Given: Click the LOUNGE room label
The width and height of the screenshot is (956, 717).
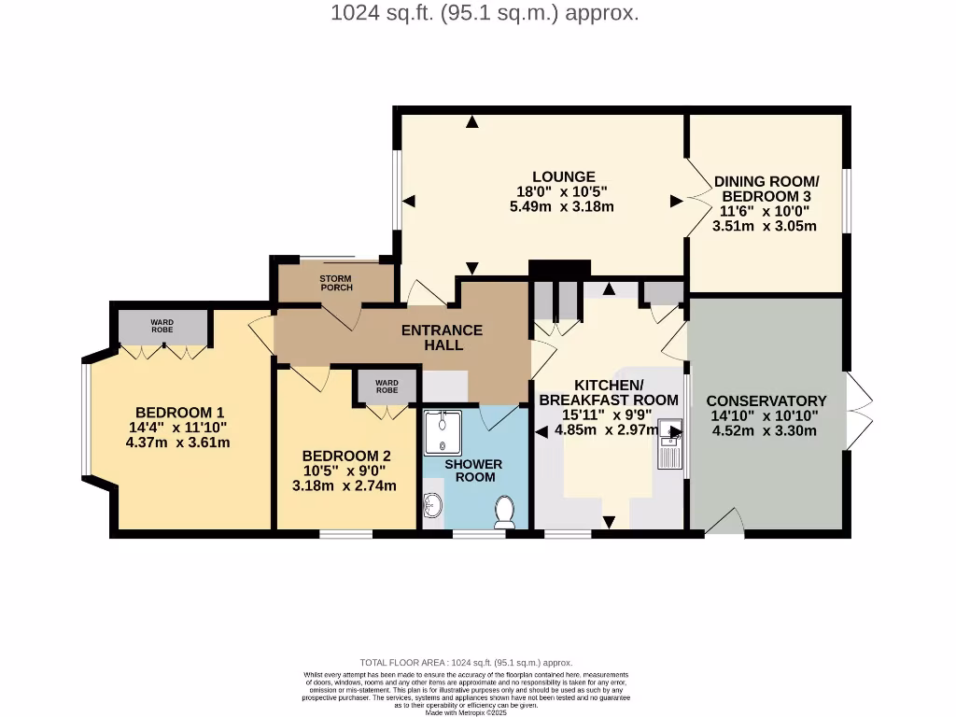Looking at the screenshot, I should click(x=563, y=176).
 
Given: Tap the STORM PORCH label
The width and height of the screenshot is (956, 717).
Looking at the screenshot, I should click(x=335, y=283).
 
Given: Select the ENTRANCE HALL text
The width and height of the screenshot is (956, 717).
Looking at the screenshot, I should click(x=442, y=337).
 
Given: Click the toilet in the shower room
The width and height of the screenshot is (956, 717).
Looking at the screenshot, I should click(x=505, y=512).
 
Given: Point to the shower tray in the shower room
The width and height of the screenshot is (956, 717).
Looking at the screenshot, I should click(x=443, y=432).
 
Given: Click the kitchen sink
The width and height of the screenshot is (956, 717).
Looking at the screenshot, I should click(x=670, y=443).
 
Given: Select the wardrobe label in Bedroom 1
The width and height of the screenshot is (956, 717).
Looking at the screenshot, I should click(x=162, y=326).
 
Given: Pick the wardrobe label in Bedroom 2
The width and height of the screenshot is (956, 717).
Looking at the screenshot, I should click(x=387, y=386).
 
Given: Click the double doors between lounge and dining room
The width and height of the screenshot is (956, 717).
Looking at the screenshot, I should click(x=697, y=197).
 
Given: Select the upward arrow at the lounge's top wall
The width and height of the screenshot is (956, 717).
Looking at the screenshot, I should click(x=472, y=121).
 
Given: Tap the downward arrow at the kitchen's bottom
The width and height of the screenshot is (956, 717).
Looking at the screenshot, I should click(x=609, y=522).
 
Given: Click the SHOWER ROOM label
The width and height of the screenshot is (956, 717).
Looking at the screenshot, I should click(x=473, y=471).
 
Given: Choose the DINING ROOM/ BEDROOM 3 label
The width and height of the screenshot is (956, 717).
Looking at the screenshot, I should click(x=766, y=189).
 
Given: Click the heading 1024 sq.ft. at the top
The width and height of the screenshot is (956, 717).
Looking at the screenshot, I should click(x=485, y=13).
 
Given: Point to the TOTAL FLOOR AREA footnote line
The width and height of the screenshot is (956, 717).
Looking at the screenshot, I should click(x=466, y=662).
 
